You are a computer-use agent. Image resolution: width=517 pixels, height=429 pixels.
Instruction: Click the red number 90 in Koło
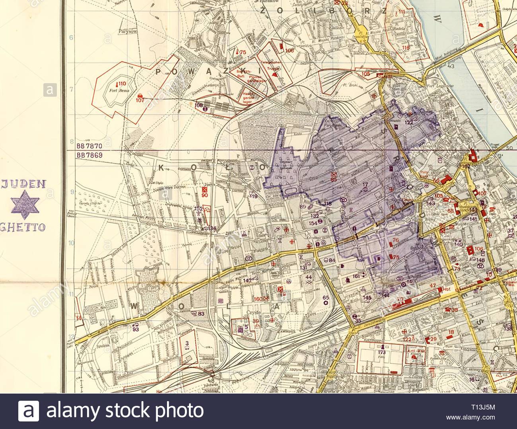click(x=205, y=195)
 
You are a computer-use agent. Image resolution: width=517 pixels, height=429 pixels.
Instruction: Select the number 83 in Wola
click(x=201, y=314)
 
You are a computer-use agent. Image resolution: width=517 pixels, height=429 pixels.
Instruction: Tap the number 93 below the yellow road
click(x=136, y=329)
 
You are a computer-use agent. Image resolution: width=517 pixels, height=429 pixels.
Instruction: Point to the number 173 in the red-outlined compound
click(x=382, y=353)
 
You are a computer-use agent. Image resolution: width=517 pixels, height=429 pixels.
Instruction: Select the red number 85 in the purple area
click(x=333, y=179)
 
